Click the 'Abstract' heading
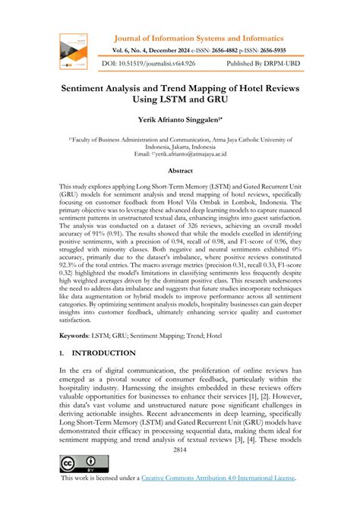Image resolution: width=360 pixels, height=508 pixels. coord(180,172)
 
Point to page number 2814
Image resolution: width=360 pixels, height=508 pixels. coord(180,450)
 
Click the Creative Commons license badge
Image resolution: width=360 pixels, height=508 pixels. coord(77,464)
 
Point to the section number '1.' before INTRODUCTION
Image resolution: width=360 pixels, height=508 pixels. coord(61,353)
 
